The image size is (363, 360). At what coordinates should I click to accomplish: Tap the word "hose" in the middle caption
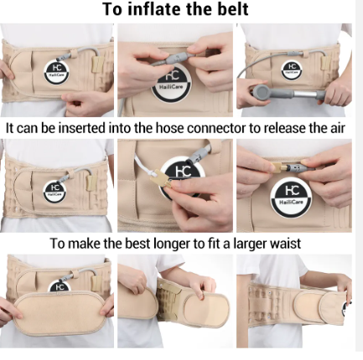click(x=170, y=128)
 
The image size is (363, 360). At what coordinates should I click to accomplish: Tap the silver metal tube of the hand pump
click(x=305, y=94)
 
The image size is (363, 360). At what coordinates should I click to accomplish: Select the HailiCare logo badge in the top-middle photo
click(x=170, y=85)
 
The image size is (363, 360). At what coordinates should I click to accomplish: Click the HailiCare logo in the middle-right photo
click(x=291, y=198)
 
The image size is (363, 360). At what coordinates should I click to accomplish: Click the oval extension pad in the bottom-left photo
click(x=60, y=312)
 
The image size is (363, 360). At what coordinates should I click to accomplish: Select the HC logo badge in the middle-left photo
click(x=54, y=191)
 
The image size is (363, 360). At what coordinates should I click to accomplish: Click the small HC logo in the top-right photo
click(x=292, y=69)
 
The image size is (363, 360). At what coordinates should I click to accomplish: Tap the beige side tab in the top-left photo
click(x=98, y=64)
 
